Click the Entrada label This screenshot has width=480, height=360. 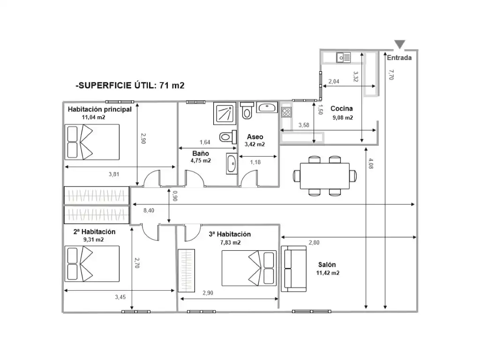coord(399,58)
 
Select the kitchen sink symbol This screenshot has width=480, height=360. coord(344,57)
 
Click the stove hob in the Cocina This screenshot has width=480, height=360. coord(286,112)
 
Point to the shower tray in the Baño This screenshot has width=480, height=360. coord(225,113)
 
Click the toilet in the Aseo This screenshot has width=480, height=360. coord(247,111)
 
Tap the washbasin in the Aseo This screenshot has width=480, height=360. coord(267,107)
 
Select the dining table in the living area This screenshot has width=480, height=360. coord(325,176)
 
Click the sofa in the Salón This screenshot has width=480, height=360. coord(294,269)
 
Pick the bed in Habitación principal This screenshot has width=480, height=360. coord(92,142)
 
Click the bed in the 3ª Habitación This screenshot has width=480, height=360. coord(249,268)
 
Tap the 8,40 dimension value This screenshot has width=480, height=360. coord(149,210)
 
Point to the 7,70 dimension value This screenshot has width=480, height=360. coord(390,75)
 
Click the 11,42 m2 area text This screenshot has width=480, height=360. coord(328,273)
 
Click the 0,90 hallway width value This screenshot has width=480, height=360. coord(175,196)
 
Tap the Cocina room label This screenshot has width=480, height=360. coord(342,108)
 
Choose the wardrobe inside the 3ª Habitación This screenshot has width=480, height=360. coord(187,270)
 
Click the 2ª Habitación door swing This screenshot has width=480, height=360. coord(150,232)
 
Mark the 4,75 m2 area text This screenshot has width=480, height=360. coord(201,160)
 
